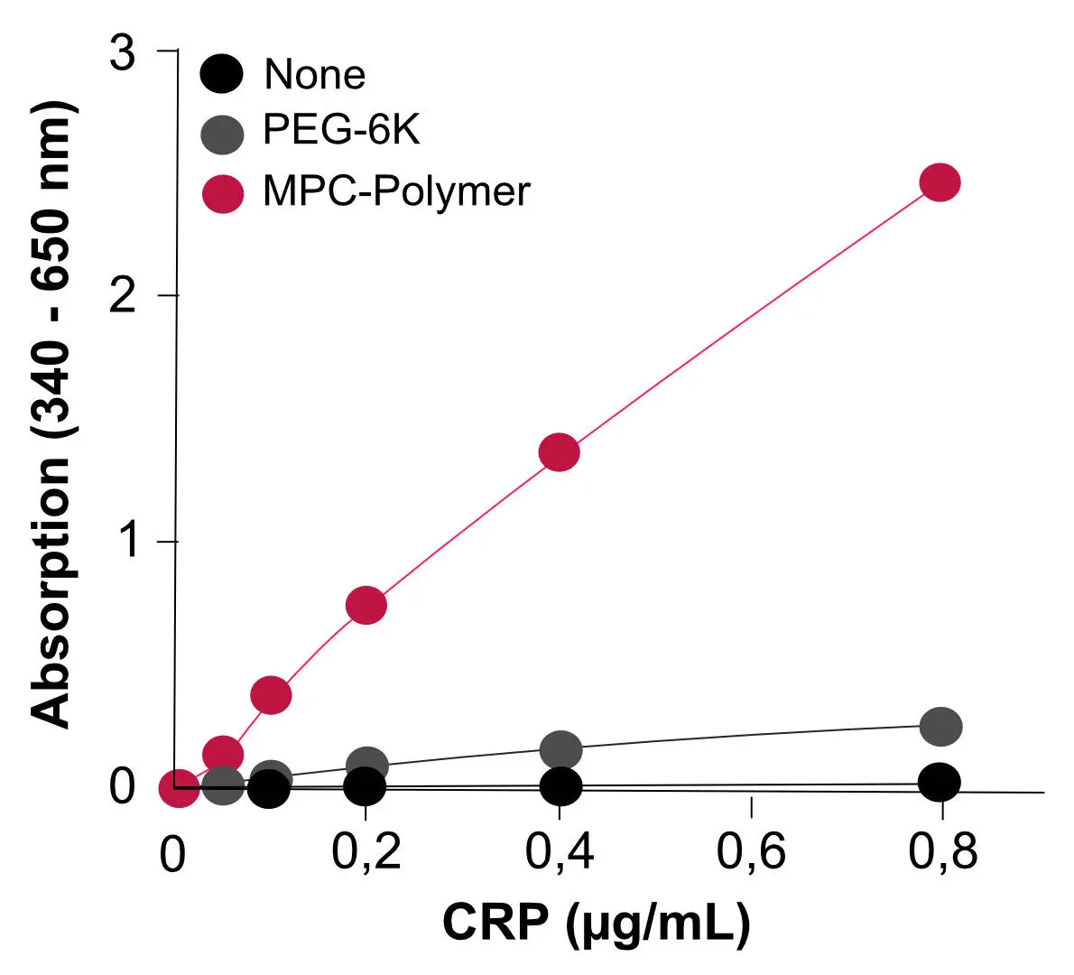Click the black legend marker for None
[222, 74]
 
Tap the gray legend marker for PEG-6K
[222, 134]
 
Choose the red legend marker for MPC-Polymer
[222, 192]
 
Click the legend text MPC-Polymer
[396, 191]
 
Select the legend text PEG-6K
[341, 132]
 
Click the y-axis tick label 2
[122, 297]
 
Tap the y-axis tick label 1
[122, 542]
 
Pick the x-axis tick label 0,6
[751, 850]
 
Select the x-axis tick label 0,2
[366, 850]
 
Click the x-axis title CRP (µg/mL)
[597, 923]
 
